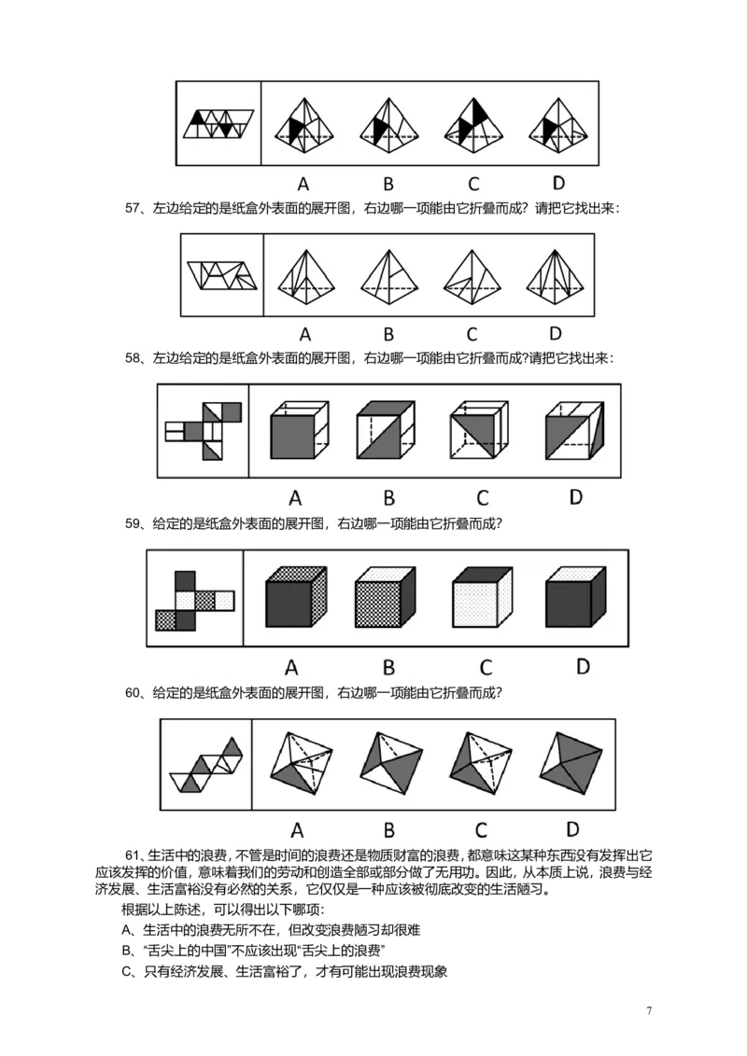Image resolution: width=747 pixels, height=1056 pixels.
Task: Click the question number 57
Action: tap(132, 208)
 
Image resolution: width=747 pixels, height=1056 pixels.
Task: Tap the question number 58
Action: tap(132, 357)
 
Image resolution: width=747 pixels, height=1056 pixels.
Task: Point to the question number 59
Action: tap(132, 524)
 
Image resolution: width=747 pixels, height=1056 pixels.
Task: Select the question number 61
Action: tap(132, 855)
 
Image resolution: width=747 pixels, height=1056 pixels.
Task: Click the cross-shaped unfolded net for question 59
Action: tap(194, 599)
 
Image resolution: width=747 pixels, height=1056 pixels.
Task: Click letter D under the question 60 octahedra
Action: tap(572, 827)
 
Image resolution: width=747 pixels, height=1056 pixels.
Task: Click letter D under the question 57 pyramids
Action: tap(556, 333)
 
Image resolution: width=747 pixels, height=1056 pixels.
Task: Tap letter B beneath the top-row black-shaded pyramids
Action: tap(388, 182)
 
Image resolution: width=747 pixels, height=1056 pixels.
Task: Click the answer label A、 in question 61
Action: tap(130, 930)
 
